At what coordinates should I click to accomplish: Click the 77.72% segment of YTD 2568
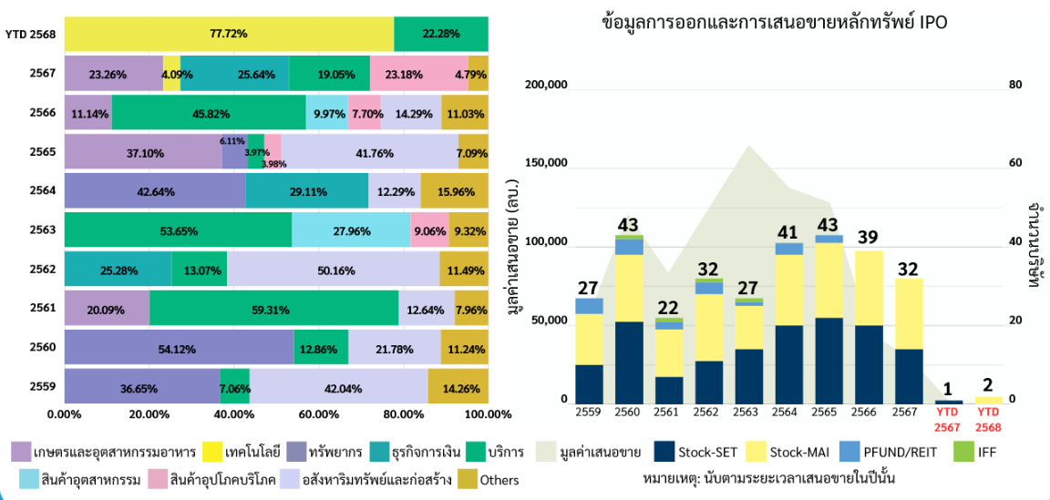(x=229, y=34)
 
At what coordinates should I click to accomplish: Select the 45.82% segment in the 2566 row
(x=209, y=113)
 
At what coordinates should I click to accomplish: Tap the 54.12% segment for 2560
(x=179, y=347)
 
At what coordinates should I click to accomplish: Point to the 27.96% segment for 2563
(x=351, y=230)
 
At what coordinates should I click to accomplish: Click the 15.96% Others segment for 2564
(x=454, y=191)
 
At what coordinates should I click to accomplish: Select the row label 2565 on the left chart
(x=43, y=151)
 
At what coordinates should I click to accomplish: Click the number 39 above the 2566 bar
(x=868, y=238)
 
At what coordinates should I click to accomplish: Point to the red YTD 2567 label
(x=949, y=420)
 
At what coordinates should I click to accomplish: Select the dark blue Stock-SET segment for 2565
(x=829, y=361)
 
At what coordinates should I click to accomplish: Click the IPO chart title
(x=775, y=22)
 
